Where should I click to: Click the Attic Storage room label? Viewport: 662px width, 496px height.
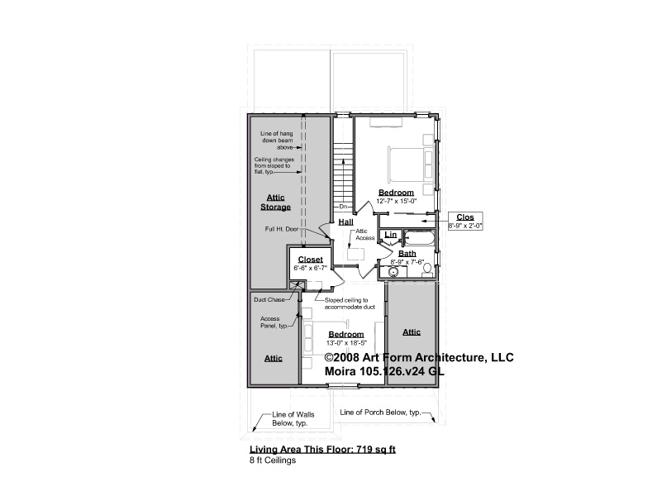tap(276, 203)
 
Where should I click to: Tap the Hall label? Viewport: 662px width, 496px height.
tap(345, 222)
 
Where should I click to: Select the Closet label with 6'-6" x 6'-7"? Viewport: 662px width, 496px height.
tap(310, 260)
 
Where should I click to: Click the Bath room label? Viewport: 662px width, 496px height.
tap(407, 254)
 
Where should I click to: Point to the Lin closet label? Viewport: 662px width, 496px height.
tap(391, 235)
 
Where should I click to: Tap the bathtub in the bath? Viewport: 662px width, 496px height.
tap(419, 237)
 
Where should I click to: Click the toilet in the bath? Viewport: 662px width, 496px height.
tap(426, 269)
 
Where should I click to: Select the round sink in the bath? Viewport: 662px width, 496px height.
tap(394, 272)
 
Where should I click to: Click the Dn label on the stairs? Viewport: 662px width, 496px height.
tap(343, 207)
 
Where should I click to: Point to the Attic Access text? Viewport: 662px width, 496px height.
tap(364, 235)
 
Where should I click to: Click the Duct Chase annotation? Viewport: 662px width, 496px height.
tap(269, 300)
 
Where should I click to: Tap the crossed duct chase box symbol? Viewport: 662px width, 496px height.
tap(295, 285)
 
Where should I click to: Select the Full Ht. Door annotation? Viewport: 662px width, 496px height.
tap(282, 229)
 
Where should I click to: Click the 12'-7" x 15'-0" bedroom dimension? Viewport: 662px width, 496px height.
tap(397, 202)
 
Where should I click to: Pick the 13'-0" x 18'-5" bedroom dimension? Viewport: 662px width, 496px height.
tap(346, 343)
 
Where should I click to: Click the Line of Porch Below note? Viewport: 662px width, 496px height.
tap(380, 413)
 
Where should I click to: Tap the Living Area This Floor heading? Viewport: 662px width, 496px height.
tap(322, 450)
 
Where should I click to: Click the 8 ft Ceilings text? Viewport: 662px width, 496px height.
tap(273, 460)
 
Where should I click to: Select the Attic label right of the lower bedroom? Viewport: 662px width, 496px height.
tap(412, 332)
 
